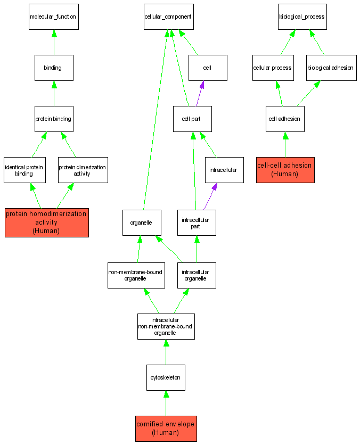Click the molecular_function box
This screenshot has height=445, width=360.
pyautogui.click(x=54, y=17)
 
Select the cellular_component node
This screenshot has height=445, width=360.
pyautogui.click(x=168, y=17)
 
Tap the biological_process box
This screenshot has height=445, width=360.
pyautogui.click(x=302, y=17)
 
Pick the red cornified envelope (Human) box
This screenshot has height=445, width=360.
pyautogui.click(x=166, y=428)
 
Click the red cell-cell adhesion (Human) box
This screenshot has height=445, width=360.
pyautogui.click(x=285, y=170)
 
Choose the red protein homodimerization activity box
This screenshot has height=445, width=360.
pyautogui.click(x=46, y=222)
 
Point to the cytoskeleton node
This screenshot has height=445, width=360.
pyautogui.click(x=166, y=377)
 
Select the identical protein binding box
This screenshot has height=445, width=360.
pyautogui.click(x=24, y=170)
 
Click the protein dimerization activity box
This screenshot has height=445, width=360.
pyautogui.click(x=83, y=170)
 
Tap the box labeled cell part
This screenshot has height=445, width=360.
pyautogui.click(x=192, y=119)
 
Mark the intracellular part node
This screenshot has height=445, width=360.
pyautogui.click(x=197, y=222)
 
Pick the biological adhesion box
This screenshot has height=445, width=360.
pyautogui.click(x=331, y=68)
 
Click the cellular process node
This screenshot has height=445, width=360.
pyautogui.click(x=272, y=68)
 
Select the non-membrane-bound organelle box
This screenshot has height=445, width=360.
pyautogui.click(x=135, y=275)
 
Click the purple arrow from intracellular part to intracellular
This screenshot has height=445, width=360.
pyautogui.click(x=210, y=197)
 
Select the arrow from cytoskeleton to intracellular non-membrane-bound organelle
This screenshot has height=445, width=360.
pyautogui.click(x=166, y=352)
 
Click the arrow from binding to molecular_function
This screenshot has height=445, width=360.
pyautogui.click(x=54, y=43)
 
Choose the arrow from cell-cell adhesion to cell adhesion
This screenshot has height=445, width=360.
pyautogui.click(x=285, y=145)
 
